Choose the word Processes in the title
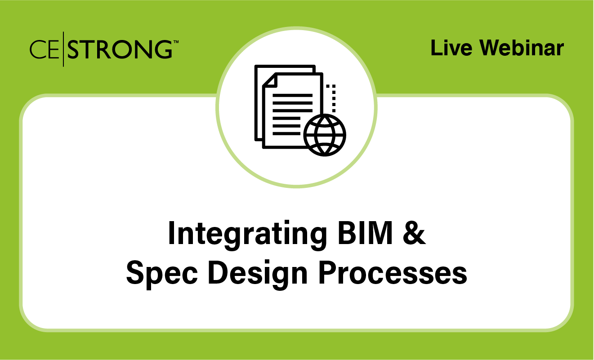[393, 273]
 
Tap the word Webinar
[521, 48]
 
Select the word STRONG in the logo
[119, 49]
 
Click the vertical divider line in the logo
[63, 49]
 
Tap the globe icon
[325, 135]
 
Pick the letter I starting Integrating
[171, 234]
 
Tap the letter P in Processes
[327, 273]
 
